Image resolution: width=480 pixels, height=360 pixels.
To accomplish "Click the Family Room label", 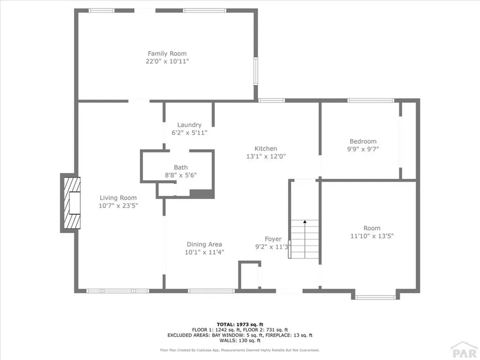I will [x=167, y=53].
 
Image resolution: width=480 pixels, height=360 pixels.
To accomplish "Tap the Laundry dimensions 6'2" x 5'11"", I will [x=189, y=133].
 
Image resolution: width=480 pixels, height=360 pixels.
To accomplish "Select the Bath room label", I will [x=180, y=167].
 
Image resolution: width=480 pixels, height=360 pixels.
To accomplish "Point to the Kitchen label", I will [x=266, y=149].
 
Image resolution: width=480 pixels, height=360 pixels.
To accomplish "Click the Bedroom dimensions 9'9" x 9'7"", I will [x=363, y=149].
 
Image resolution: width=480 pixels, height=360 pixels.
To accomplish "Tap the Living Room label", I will [x=118, y=198].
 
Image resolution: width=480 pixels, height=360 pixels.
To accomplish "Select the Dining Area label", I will [x=204, y=244].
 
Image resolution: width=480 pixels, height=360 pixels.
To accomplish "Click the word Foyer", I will [x=273, y=239].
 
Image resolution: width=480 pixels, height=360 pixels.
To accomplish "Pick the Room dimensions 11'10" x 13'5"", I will [x=372, y=236].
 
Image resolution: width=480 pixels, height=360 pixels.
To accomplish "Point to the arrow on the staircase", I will [x=305, y=222].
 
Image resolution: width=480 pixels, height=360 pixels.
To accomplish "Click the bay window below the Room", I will [x=375, y=297].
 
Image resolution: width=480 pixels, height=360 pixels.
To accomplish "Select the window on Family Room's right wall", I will [x=256, y=71].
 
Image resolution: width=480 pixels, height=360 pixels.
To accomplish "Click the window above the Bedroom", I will [x=370, y=100].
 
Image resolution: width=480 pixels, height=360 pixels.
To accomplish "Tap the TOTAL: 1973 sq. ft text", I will [x=240, y=324].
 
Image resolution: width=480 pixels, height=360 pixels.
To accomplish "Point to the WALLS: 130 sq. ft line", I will [x=240, y=341].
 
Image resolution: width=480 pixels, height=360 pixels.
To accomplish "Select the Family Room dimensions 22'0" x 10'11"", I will [x=167, y=61].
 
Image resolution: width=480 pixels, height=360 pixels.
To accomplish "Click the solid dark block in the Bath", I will [x=202, y=194].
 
